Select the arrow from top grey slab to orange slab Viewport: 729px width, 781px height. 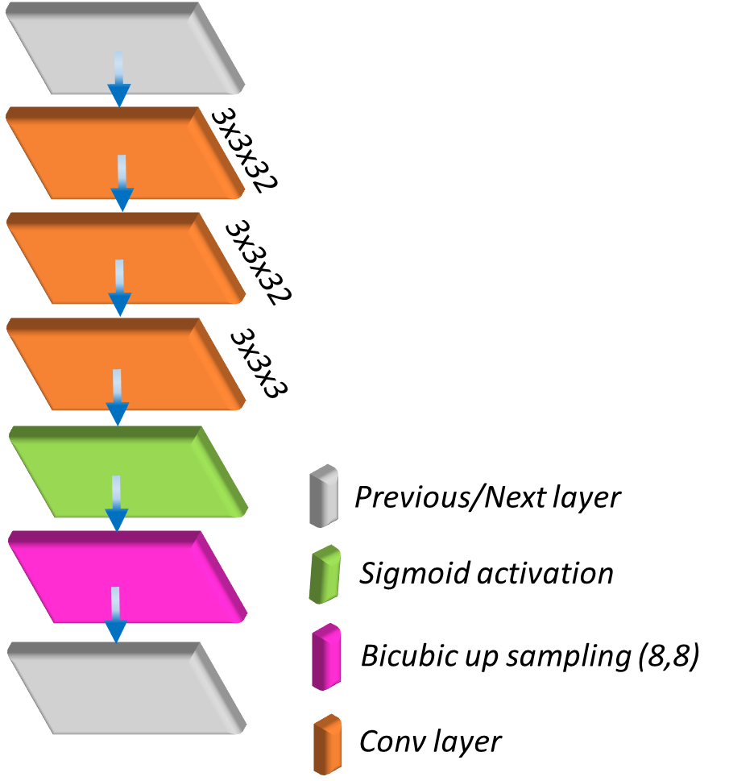click(x=119, y=78)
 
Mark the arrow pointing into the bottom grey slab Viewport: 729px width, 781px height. click(x=116, y=614)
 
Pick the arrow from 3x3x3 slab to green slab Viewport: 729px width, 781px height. click(x=118, y=397)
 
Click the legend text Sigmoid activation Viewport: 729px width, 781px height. click(x=487, y=574)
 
